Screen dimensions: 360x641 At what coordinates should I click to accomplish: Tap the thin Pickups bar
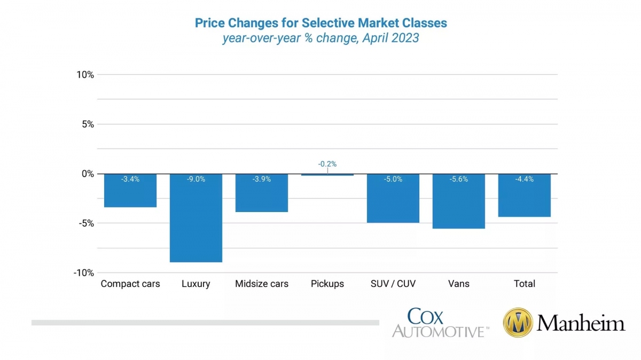click(327, 175)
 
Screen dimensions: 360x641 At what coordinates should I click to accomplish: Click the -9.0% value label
click(196, 179)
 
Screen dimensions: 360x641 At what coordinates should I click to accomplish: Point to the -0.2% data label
click(327, 164)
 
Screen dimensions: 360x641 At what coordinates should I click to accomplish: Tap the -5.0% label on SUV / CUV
click(393, 179)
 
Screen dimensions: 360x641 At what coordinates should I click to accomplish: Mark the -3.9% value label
click(262, 179)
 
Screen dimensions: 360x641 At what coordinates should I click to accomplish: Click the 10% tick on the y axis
click(85, 75)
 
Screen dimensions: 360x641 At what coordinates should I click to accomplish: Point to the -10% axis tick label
click(84, 273)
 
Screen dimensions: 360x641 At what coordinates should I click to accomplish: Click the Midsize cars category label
click(262, 284)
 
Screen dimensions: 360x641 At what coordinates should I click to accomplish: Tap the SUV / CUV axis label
click(393, 284)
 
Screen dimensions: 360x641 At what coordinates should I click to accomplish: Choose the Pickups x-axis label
click(327, 284)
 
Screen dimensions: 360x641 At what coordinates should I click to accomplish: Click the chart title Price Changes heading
click(320, 23)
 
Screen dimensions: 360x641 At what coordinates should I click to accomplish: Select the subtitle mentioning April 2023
click(320, 38)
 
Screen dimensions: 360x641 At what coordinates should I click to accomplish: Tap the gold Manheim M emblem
click(518, 323)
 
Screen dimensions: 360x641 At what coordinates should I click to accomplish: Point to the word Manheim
click(581, 323)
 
